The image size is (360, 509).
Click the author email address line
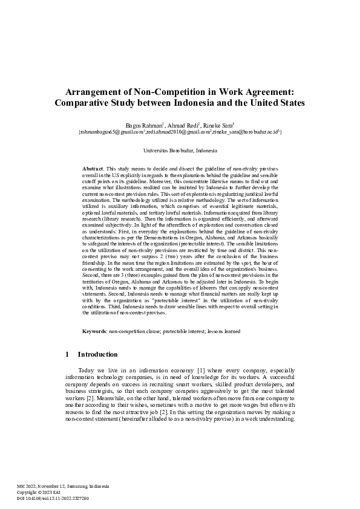(180, 131)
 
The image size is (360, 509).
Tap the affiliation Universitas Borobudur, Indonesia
(180, 150)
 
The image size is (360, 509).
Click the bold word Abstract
(93, 167)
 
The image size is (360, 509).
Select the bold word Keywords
(94, 331)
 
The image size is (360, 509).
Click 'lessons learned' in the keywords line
(224, 331)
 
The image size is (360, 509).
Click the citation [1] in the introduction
(201, 370)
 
